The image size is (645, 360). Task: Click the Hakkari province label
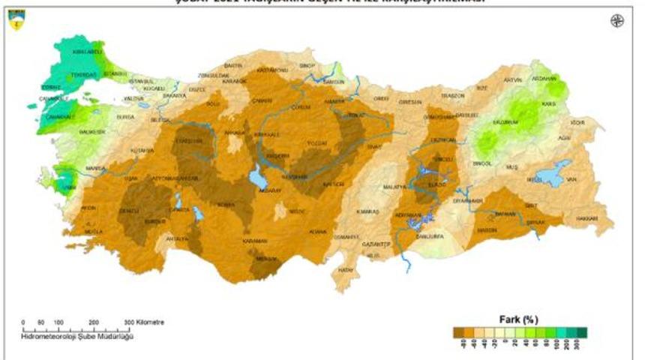[x=587, y=218]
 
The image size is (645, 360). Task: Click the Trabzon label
[x=453, y=96]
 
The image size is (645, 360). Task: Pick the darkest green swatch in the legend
[x=581, y=332]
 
